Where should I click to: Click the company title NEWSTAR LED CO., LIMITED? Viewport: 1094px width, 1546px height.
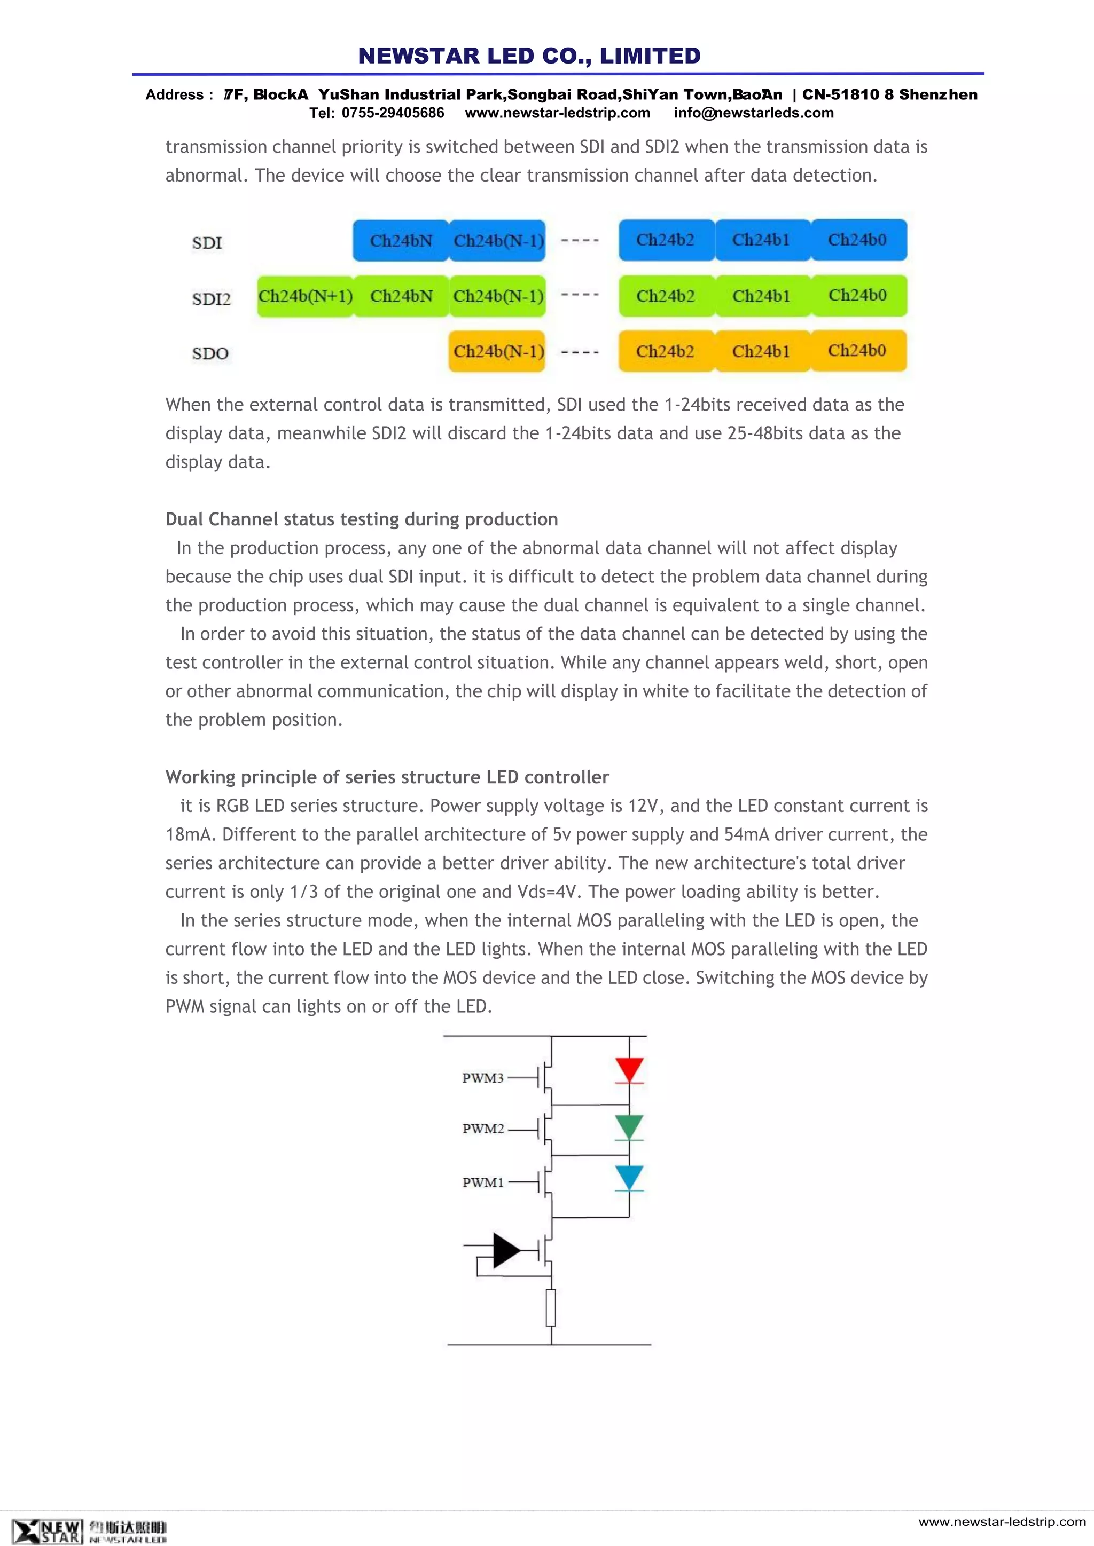(529, 56)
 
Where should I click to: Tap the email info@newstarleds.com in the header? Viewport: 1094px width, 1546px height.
(754, 113)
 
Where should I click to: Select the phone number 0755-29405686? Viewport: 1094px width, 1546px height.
(393, 113)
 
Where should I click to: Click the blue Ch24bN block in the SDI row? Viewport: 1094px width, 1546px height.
(401, 240)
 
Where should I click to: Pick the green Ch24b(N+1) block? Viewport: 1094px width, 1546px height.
(305, 296)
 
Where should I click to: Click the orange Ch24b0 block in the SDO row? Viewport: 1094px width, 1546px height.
(857, 351)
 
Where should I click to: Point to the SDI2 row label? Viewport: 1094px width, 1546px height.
(211, 299)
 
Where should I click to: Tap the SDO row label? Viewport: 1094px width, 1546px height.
(210, 353)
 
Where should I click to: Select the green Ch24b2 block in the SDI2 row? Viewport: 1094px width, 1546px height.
(666, 296)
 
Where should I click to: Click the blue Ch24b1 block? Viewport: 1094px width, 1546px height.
(761, 240)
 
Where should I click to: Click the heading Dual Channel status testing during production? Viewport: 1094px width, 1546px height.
(362, 519)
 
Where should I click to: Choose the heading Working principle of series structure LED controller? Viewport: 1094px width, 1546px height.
(387, 777)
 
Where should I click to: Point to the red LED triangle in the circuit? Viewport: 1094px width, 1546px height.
(629, 1069)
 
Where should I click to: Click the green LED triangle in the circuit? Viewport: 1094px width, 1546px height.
(629, 1125)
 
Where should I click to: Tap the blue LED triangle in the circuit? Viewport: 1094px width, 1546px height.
(629, 1177)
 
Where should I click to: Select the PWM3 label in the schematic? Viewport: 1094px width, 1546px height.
(483, 1078)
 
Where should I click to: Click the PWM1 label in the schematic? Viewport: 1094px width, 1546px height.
(483, 1182)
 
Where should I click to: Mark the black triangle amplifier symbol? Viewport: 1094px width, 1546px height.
(505, 1250)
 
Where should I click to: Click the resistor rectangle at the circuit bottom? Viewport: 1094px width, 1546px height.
(551, 1307)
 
